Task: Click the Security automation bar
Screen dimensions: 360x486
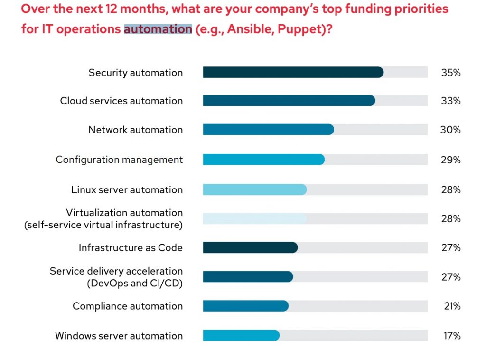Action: (293, 72)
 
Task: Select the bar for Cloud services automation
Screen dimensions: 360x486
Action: (289, 101)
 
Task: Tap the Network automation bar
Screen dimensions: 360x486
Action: (268, 130)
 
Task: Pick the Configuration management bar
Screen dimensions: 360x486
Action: (263, 160)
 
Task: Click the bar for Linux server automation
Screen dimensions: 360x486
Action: (254, 189)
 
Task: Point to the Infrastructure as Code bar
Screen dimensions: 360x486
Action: (250, 247)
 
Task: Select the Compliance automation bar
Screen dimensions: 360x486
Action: (245, 306)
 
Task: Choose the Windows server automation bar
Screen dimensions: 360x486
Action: (241, 335)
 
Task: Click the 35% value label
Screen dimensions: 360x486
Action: (450, 73)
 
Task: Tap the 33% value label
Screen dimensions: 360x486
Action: (450, 101)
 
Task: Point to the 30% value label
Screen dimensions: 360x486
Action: (450, 130)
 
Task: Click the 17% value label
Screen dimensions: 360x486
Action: (451, 336)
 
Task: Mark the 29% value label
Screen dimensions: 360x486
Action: (450, 160)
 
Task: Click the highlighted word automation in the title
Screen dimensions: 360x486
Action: (158, 29)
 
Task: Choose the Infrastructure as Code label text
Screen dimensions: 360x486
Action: (131, 248)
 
